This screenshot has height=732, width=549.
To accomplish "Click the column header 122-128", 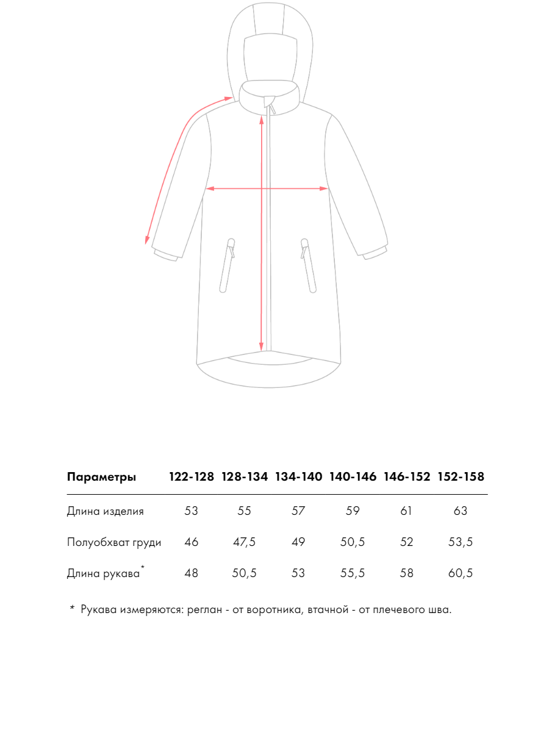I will coord(192,477).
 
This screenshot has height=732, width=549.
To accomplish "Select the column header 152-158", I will coord(461,477).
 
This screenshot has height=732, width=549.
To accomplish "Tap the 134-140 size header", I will coord(298,477).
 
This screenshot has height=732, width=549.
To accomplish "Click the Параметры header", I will coord(101,477).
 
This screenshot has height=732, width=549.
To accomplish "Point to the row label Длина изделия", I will coord(105,511).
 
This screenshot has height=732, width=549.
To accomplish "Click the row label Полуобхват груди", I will coord(113,542).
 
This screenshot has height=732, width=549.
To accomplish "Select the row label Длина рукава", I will coord(103,573).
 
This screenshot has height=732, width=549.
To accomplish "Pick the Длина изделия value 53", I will coord(192,511).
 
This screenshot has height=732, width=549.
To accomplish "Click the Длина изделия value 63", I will coord(461,511).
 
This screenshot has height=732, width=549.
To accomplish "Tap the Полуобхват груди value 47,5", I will coord(245,542).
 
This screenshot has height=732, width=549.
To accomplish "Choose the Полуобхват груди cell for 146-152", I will coord(407,542).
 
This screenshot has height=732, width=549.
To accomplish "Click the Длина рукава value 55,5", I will coord(353,573).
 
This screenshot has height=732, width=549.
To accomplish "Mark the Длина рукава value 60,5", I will coord(461,573).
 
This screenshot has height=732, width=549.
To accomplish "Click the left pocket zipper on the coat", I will coord(228,265).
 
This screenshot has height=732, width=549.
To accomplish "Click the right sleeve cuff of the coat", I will coord(375,252).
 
